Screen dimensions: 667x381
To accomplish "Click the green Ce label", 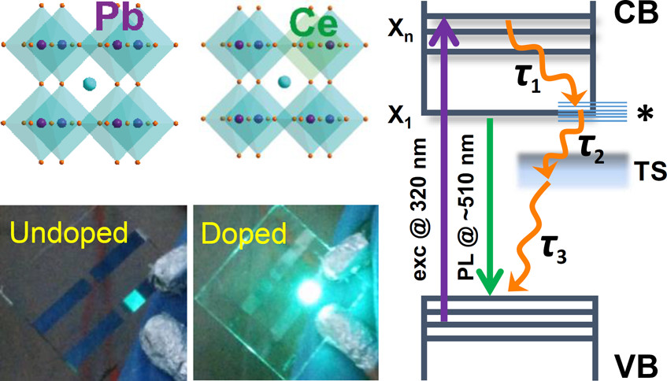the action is click(x=313, y=24).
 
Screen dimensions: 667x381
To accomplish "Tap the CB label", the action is click(x=636, y=13).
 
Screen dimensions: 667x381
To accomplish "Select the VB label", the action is click(x=636, y=367).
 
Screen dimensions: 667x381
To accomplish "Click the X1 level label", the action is click(x=400, y=116).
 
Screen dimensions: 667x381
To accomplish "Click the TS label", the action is click(x=650, y=171).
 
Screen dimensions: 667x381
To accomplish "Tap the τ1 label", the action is click(x=527, y=79).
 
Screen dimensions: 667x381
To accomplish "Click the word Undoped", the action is click(x=69, y=233).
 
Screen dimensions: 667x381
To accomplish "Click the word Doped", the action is click(x=244, y=235).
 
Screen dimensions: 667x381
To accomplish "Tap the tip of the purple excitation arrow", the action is click(x=444, y=17).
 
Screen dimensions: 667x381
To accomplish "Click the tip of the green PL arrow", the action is click(x=490, y=294).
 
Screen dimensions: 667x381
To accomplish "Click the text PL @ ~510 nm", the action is click(x=467, y=207).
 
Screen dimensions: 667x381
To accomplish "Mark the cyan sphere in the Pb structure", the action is click(x=90, y=83).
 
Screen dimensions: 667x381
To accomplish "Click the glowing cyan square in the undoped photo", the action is click(x=135, y=300).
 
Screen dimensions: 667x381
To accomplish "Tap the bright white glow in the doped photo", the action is click(x=309, y=291).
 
